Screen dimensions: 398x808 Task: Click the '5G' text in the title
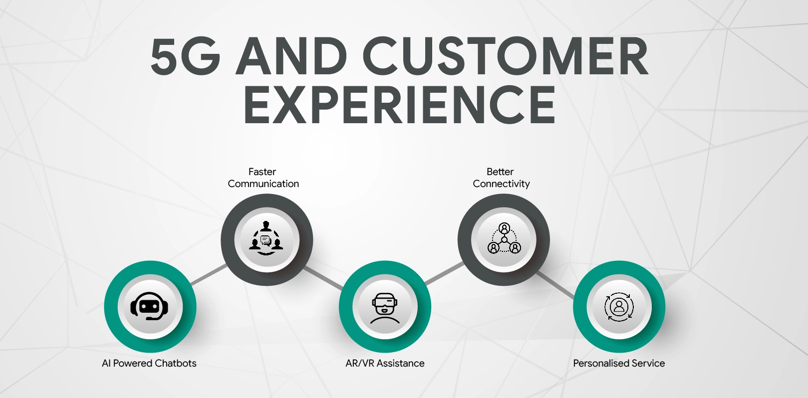185,57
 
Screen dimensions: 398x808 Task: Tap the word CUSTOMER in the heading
505,57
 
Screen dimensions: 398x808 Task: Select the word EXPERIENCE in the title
399,105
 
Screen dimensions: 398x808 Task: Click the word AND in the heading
291,57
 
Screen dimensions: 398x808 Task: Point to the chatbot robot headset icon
150,306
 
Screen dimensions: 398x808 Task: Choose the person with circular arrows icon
619,306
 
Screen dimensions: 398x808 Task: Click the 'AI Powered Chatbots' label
149,363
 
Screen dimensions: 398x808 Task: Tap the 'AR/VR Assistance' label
385,363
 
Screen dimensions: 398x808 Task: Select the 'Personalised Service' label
619,363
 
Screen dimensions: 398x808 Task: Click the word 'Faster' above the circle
262,172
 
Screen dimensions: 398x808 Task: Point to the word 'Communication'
264,184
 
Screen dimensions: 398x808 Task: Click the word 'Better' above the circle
500,172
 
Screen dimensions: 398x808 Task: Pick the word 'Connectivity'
501,184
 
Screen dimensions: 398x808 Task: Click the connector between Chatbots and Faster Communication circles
209,275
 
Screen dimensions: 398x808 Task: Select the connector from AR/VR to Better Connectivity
445,274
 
